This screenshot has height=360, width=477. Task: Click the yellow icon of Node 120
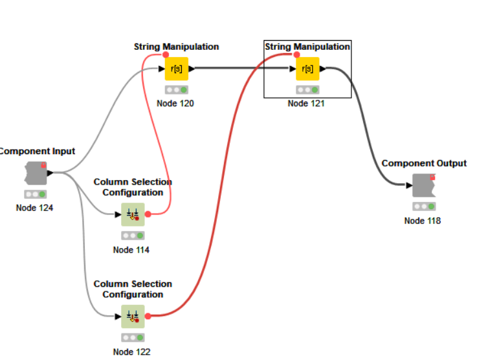(177, 68)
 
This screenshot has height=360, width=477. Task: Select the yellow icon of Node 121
(307, 68)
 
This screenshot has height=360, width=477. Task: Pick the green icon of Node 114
(133, 214)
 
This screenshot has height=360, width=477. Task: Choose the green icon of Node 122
(133, 316)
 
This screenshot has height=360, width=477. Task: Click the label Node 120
(175, 103)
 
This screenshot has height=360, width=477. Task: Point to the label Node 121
(307, 103)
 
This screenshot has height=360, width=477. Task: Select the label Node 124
(35, 208)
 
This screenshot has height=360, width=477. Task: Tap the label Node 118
(423, 220)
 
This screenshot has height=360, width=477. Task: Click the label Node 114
(131, 250)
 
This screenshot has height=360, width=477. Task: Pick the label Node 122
(131, 352)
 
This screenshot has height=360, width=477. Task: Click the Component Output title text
(424, 163)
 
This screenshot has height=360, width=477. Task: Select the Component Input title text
(36, 151)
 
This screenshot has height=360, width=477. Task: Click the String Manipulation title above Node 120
(176, 47)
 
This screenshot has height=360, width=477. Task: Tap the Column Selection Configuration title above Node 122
(133, 289)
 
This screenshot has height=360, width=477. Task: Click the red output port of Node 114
(148, 214)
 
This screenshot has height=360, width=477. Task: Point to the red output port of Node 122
(148, 316)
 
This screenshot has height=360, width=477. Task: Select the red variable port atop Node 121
(297, 55)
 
